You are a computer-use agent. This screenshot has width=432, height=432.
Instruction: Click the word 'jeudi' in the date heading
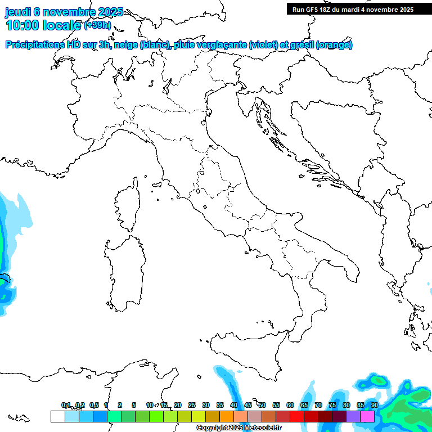(x=18, y=12)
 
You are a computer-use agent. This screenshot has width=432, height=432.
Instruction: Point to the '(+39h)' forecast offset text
(x=98, y=25)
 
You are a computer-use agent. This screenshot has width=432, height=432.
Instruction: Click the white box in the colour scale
(x=57, y=416)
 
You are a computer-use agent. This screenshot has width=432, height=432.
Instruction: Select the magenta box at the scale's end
(x=367, y=416)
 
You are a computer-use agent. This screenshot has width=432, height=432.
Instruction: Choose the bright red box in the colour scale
(x=297, y=416)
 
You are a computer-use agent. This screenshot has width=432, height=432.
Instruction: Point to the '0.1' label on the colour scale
(x=66, y=405)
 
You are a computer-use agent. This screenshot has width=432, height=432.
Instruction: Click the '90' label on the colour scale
(x=375, y=405)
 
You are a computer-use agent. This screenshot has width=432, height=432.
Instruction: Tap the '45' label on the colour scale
(x=248, y=405)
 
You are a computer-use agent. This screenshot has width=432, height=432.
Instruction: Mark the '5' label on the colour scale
(x=134, y=405)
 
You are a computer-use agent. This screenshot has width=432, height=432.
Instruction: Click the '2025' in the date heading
(x=110, y=12)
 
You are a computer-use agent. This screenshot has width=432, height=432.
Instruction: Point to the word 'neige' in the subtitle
(x=125, y=45)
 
